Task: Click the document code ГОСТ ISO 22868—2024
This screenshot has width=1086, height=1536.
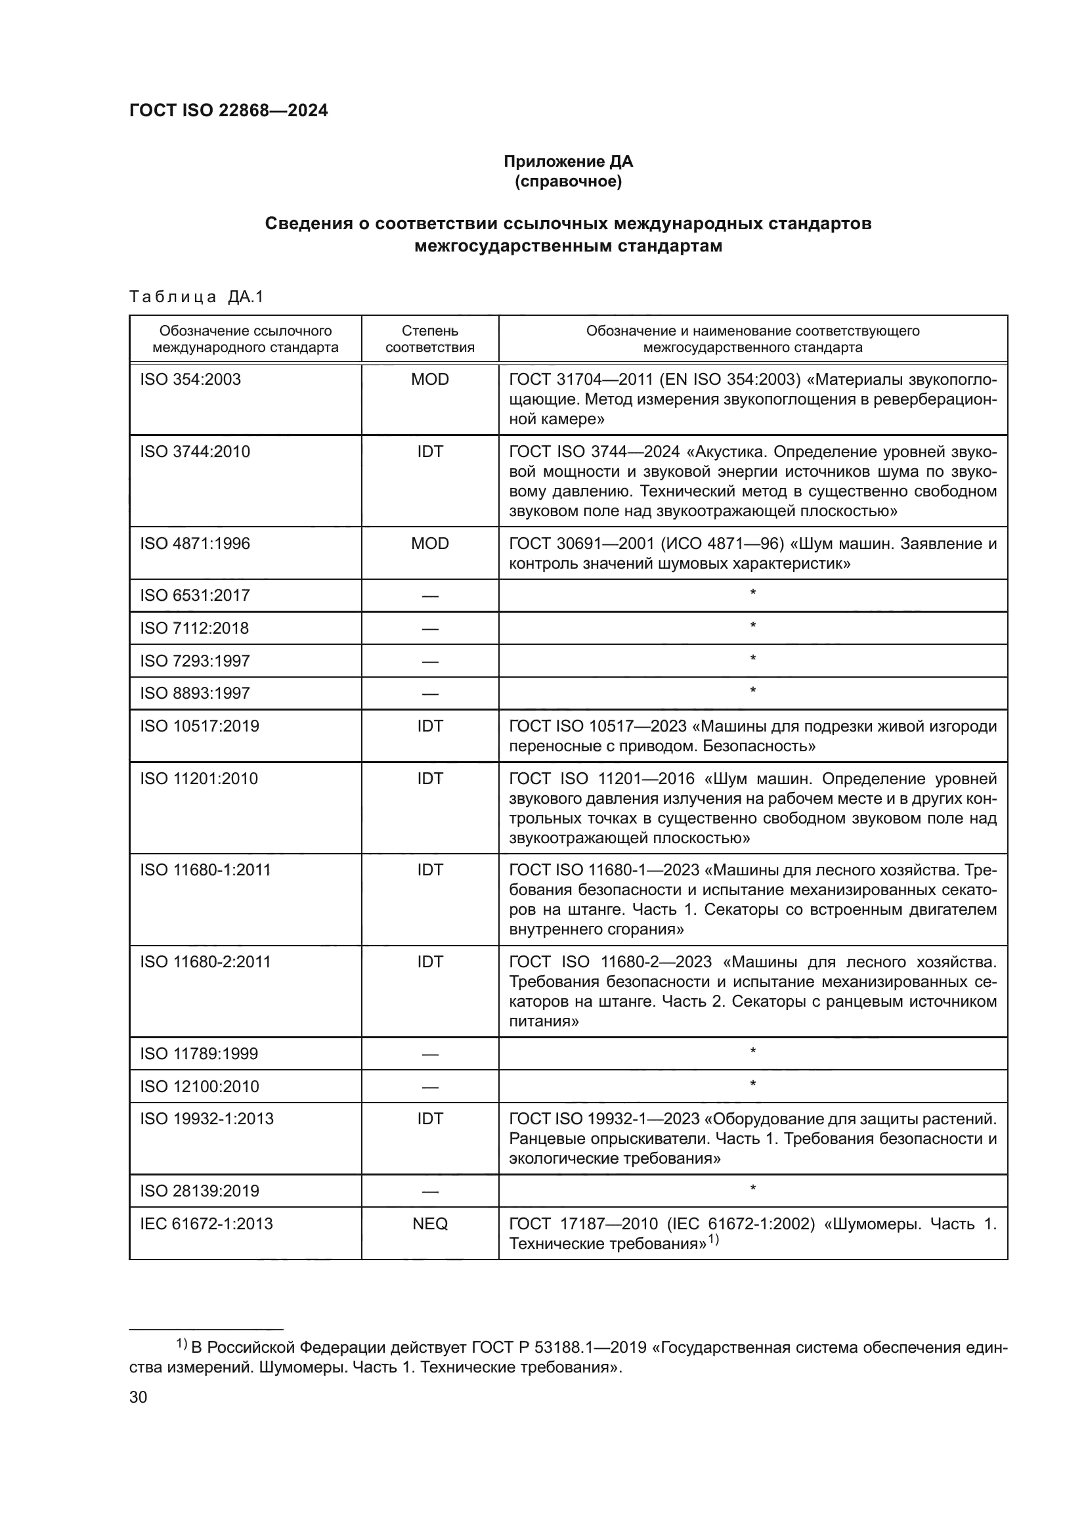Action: click(228, 111)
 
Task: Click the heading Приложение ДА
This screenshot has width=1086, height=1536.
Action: click(568, 162)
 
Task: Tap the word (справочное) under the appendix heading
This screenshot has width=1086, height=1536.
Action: click(568, 181)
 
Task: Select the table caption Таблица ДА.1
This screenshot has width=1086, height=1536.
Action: click(196, 297)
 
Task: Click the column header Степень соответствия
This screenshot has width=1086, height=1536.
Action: click(430, 339)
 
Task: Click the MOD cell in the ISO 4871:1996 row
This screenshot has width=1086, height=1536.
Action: click(430, 543)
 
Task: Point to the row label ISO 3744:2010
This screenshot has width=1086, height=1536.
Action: click(194, 452)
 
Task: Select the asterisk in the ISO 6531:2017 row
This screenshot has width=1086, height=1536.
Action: click(753, 594)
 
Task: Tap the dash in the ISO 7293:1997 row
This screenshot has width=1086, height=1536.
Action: click(430, 662)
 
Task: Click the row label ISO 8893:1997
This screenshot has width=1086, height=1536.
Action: click(194, 693)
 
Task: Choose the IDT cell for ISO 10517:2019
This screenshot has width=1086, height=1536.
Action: click(430, 726)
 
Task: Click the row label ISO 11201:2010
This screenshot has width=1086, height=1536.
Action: click(198, 778)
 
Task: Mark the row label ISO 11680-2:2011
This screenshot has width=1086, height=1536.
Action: click(206, 961)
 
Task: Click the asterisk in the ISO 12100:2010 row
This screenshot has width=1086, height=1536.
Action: click(753, 1084)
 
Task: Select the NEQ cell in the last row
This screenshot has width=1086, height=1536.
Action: click(430, 1223)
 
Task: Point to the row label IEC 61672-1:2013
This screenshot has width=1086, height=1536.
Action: click(206, 1223)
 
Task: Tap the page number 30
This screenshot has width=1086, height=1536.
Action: click(138, 1397)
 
